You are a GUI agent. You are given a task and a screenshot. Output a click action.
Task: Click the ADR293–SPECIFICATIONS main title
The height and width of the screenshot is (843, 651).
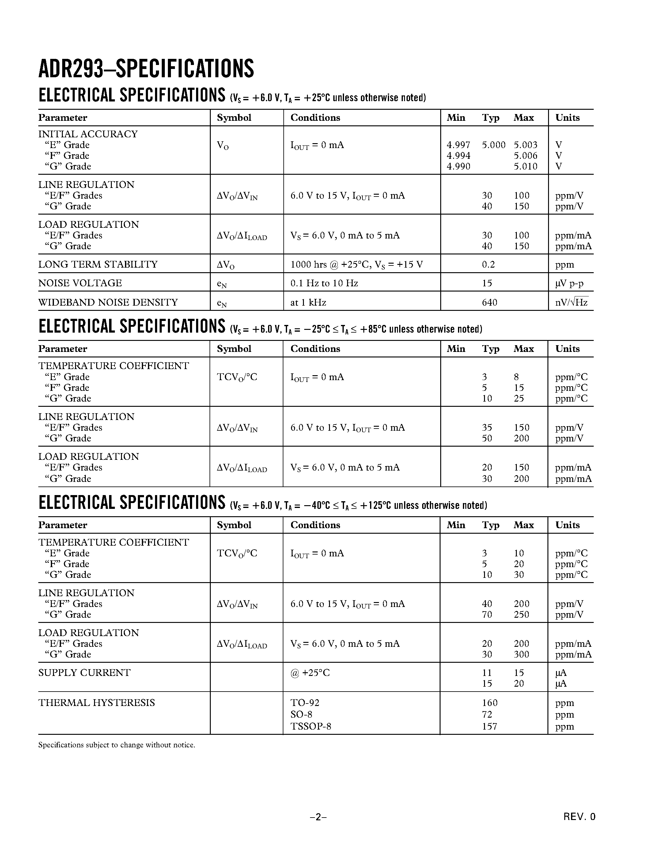pyautogui.click(x=146, y=69)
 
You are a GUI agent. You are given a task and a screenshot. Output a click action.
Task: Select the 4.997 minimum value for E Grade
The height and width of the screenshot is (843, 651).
pyautogui.click(x=458, y=145)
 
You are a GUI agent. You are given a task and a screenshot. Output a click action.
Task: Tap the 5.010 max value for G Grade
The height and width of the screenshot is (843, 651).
pyautogui.click(x=525, y=166)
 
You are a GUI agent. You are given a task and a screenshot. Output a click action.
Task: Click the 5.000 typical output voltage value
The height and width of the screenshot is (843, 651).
pyautogui.click(x=493, y=145)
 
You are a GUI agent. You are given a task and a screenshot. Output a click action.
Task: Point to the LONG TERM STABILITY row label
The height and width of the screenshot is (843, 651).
pyautogui.click(x=98, y=265)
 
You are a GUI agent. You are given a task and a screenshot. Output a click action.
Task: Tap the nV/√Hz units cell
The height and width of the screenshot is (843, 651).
pyautogui.click(x=571, y=302)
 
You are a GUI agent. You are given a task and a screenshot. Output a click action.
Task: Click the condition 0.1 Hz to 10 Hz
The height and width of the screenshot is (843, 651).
pyautogui.click(x=324, y=283)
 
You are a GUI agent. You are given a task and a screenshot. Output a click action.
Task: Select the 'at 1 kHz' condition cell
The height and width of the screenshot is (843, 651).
pyautogui.click(x=308, y=302)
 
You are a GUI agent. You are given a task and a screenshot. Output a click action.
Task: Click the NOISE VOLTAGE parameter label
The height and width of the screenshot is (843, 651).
pyautogui.click(x=80, y=283)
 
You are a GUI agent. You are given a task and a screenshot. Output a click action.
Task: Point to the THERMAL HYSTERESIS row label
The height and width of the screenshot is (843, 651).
pyautogui.click(x=97, y=703)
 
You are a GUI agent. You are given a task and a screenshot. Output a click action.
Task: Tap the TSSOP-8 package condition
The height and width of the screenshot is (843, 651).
pyautogui.click(x=310, y=727)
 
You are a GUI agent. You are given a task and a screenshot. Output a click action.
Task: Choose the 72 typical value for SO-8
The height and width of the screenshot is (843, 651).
pyautogui.click(x=487, y=715)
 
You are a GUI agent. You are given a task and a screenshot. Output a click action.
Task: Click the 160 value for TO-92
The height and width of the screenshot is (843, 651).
pyautogui.click(x=490, y=703)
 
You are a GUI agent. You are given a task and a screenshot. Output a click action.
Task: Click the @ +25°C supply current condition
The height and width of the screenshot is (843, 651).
pyautogui.click(x=310, y=673)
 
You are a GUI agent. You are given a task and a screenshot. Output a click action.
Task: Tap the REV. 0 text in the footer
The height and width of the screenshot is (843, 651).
pyautogui.click(x=579, y=817)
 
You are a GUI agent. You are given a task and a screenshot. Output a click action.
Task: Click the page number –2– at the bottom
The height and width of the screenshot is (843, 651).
pyautogui.click(x=318, y=817)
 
